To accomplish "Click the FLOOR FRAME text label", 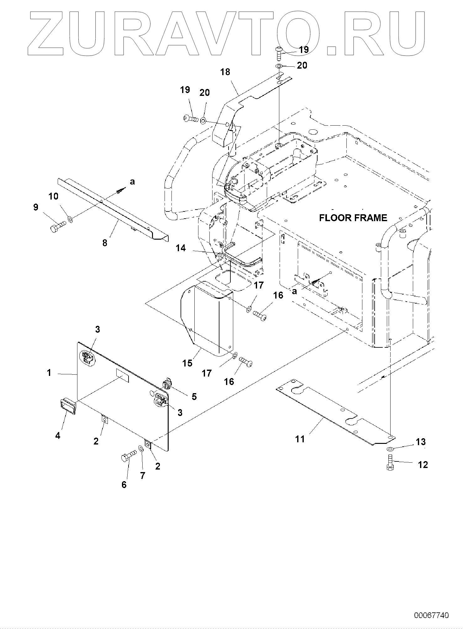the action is pyautogui.click(x=353, y=218).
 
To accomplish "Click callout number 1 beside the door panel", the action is pyautogui.click(x=49, y=373).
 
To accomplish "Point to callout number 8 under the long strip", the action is pyautogui.click(x=105, y=242).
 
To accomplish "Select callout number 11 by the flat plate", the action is pyautogui.click(x=300, y=439).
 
